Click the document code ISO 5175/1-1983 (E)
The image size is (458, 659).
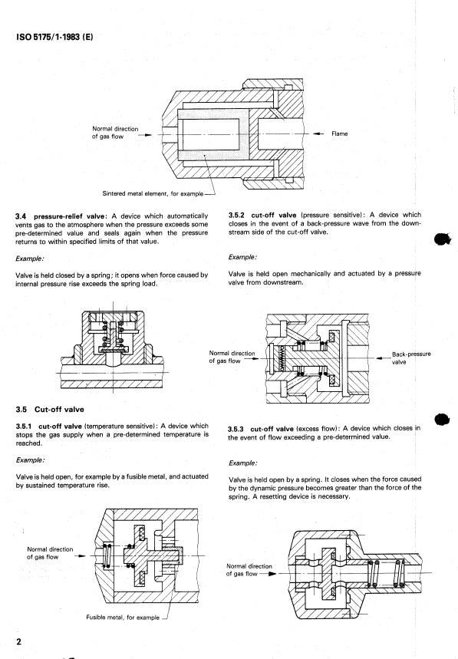(x=54, y=37)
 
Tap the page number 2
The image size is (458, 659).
(x=18, y=642)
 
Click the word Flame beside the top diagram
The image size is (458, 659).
(x=340, y=133)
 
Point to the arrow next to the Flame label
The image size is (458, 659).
(x=319, y=133)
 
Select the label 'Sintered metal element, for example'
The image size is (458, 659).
(x=153, y=194)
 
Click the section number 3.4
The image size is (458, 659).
(x=21, y=216)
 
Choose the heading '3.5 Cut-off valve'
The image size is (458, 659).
(x=50, y=410)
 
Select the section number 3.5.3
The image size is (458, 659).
(x=236, y=429)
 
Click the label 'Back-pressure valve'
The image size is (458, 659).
(x=411, y=358)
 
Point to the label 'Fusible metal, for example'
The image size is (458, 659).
(x=123, y=618)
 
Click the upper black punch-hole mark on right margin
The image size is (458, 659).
(x=442, y=239)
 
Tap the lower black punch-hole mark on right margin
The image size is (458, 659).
(x=442, y=419)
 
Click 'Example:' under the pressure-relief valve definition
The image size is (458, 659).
(x=29, y=259)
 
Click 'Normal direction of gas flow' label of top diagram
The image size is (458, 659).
(x=115, y=133)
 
